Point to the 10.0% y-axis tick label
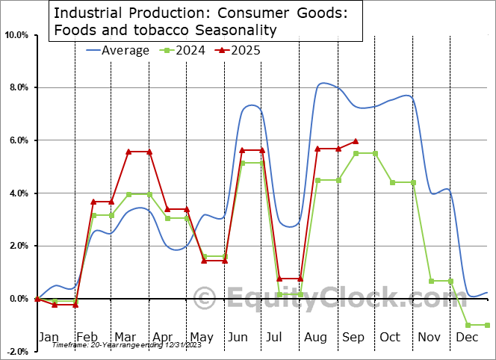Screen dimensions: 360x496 point(16,35)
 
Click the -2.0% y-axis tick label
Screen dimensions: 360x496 point(18,351)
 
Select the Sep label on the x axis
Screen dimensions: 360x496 point(353,338)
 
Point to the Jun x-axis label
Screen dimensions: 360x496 point(238,338)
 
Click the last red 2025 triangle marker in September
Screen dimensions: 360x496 point(356,140)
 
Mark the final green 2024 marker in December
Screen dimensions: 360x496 point(487,325)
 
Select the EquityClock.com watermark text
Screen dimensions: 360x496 point(321,299)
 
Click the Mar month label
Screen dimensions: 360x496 point(125,338)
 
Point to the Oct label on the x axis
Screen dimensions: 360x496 point(390,338)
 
